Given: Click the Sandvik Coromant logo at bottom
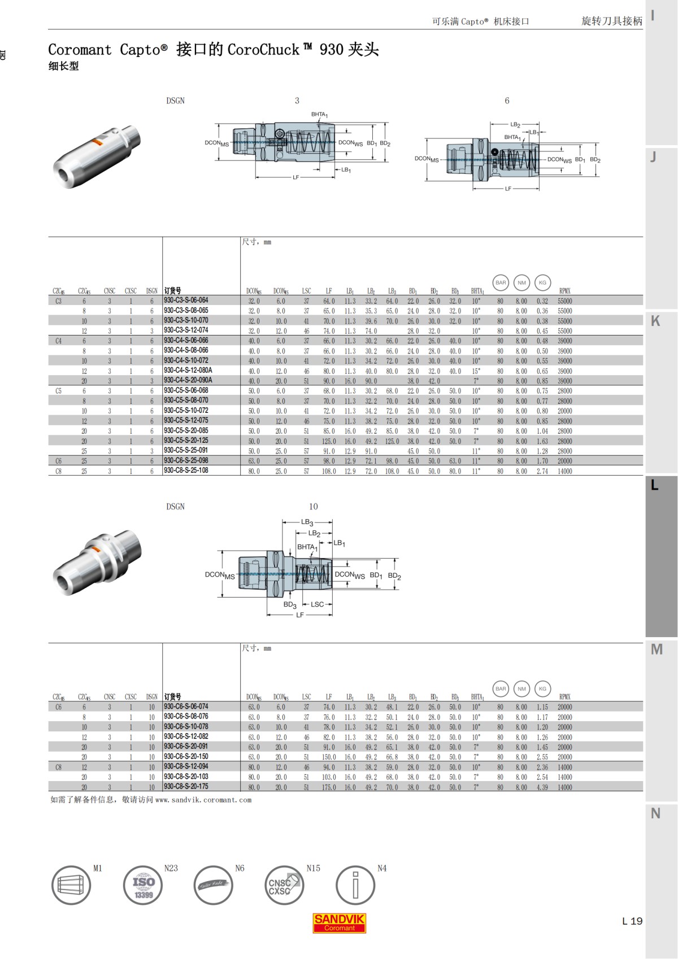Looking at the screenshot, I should (x=339, y=922).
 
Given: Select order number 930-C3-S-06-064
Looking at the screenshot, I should (x=186, y=300).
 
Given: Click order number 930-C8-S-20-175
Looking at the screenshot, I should (x=186, y=786).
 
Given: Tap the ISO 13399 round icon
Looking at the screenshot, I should (x=143, y=886).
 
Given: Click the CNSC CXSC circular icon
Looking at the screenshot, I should (x=284, y=886).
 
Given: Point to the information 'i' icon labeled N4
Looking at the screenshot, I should (x=355, y=886).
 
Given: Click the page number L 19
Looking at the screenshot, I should (x=632, y=921).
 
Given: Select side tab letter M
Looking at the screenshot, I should (x=656, y=649).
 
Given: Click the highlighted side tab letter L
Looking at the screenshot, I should (x=655, y=485).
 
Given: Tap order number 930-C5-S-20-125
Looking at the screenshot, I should (x=186, y=441).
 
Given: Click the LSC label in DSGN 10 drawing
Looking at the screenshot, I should (x=318, y=604).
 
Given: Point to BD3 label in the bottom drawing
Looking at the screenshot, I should (x=289, y=605).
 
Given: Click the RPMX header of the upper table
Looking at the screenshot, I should (x=564, y=291).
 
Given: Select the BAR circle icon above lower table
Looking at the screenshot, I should (x=501, y=688).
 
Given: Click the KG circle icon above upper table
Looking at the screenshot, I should (x=542, y=282).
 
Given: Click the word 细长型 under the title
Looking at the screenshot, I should (x=63, y=66).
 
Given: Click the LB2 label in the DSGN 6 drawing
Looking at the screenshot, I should (x=515, y=124).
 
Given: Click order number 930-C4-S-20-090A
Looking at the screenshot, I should (x=188, y=380).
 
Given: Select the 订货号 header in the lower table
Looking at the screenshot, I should (x=172, y=696).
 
